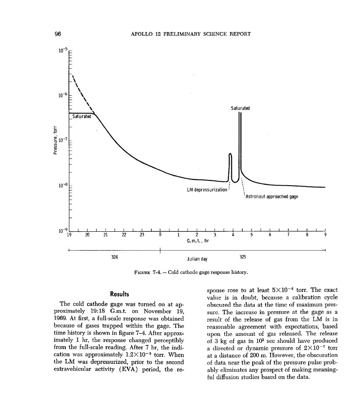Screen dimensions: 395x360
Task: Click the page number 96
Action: (x=57, y=34)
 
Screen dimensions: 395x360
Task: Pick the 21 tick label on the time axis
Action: (x=105, y=235)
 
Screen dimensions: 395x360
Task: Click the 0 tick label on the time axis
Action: (x=160, y=235)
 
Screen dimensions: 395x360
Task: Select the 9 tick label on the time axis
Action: (x=325, y=235)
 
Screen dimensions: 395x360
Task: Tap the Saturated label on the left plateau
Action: (x=82, y=116)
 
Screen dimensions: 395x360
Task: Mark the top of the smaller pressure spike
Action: (x=230, y=154)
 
